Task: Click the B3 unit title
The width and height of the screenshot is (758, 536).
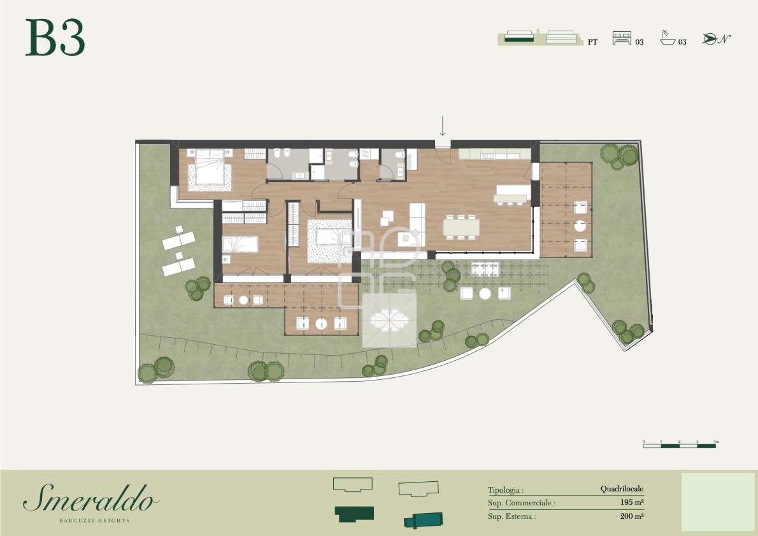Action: tap(55, 38)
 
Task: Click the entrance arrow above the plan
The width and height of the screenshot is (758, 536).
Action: tap(442, 126)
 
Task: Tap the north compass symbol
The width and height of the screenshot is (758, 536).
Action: tap(716, 39)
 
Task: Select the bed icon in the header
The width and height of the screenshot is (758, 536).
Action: tap(622, 38)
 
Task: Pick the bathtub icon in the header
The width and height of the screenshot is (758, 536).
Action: tap(667, 38)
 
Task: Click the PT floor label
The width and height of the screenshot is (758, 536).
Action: tap(592, 42)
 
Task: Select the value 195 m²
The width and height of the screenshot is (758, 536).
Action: tap(632, 502)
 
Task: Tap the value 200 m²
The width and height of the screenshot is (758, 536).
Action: tap(632, 516)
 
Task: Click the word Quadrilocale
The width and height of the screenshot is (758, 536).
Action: tap(622, 489)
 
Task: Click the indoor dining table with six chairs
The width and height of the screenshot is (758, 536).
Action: tap(462, 227)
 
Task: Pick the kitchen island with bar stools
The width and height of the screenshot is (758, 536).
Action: tap(512, 195)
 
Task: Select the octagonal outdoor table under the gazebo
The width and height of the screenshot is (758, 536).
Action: tap(389, 320)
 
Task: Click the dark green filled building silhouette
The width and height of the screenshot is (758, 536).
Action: tap(354, 514)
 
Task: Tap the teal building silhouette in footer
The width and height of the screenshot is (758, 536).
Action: tap(424, 519)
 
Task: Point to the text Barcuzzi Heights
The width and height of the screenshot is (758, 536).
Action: tap(94, 521)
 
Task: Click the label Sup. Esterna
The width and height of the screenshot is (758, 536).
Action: tap(511, 517)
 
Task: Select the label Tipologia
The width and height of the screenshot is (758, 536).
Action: tap(506, 490)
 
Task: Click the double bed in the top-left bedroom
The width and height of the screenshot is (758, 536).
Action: tap(210, 170)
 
